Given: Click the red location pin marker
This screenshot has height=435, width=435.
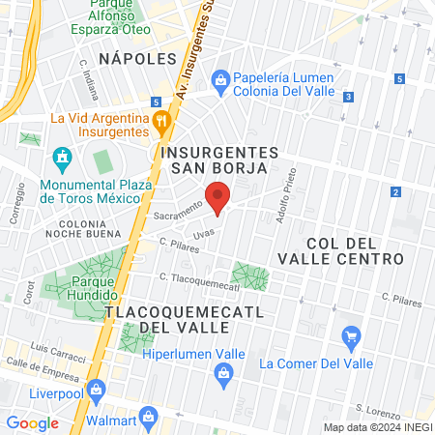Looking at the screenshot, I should (x=219, y=197).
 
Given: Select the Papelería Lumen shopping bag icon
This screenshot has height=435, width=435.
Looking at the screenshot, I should (x=219, y=78).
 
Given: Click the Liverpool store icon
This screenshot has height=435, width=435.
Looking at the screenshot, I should (x=95, y=391).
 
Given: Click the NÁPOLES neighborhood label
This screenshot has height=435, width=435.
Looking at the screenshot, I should (x=118, y=57).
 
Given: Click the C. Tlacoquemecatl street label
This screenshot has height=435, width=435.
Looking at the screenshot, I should (x=198, y=280).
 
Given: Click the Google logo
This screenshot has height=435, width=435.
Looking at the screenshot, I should (x=33, y=422).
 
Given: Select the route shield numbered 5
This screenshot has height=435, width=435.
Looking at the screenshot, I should (x=156, y=101).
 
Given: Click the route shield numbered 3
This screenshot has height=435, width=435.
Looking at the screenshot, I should (x=347, y=96).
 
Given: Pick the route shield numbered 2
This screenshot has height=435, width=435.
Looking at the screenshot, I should (x=396, y=192).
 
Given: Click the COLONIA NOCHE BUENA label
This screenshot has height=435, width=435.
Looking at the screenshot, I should (x=80, y=230).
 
